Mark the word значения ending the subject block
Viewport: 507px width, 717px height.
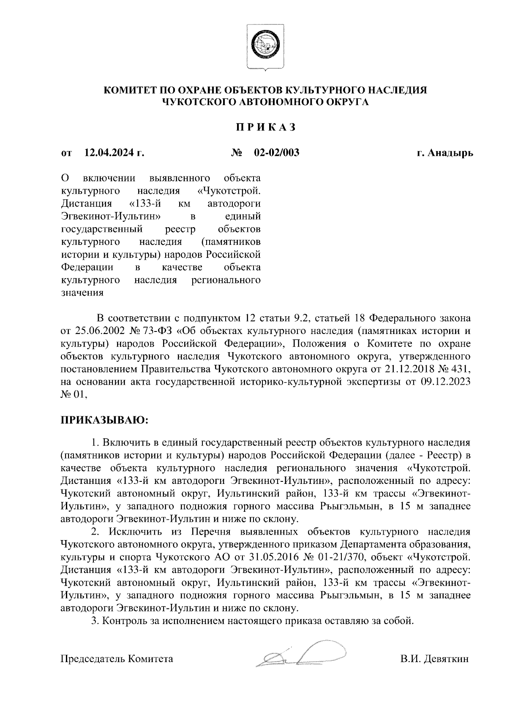82,293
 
